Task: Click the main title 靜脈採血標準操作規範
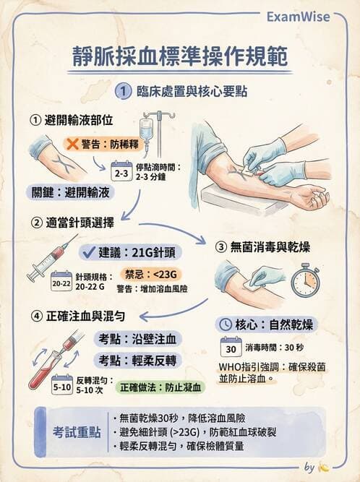click(x=180, y=57)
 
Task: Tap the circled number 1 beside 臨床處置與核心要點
click(x=124, y=92)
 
